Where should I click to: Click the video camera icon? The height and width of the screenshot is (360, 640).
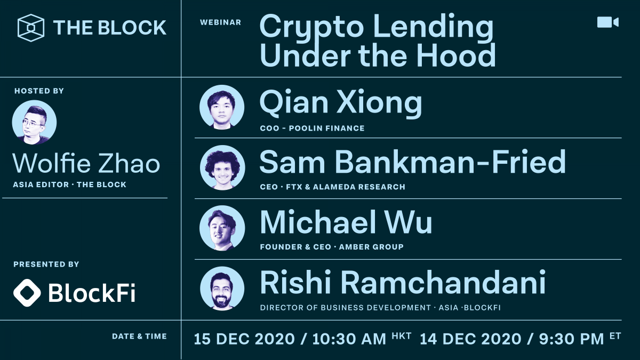pos(607,22)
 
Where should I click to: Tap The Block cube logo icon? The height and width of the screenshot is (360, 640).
pos(31,27)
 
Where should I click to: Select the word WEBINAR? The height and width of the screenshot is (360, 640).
pos(220,22)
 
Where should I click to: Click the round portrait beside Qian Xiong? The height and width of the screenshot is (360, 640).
pos(222,107)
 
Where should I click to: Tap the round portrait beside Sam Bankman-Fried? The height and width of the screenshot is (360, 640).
pos(222,167)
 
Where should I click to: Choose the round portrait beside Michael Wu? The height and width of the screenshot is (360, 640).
pos(222,228)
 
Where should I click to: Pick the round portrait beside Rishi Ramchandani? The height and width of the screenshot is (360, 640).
pos(222,289)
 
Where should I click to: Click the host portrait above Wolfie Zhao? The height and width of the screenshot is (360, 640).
pos(34,123)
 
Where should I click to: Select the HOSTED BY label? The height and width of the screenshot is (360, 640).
pos(39,91)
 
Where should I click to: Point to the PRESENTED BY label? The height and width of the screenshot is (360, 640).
pos(46,265)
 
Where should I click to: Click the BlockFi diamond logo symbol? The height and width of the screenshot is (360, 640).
pos(27,292)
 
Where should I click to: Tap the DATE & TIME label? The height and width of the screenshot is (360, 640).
pos(139,337)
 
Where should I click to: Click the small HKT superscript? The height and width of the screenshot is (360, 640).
pos(401,335)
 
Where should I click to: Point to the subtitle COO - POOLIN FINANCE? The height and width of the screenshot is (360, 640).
pos(312,128)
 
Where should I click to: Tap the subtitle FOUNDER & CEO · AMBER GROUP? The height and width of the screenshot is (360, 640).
pos(331,247)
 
